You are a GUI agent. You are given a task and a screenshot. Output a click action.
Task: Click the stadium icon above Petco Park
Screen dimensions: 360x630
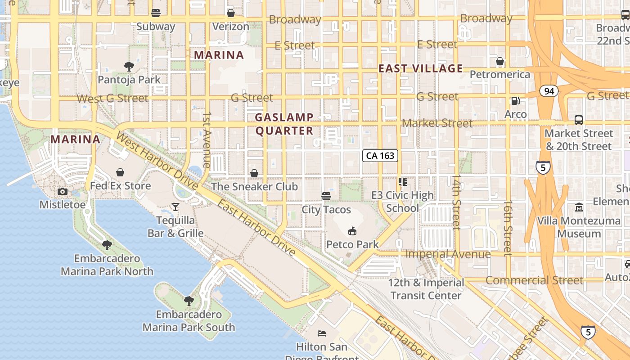[x=352, y=231]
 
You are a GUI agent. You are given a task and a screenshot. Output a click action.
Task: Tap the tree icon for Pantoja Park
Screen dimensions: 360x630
[x=129, y=67]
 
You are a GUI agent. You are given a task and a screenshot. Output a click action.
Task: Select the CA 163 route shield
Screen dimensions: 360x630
[x=380, y=156]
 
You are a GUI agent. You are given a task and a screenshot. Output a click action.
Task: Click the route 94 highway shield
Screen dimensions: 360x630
[x=549, y=91]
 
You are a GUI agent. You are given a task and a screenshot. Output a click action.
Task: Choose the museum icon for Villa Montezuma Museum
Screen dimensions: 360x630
[x=579, y=208]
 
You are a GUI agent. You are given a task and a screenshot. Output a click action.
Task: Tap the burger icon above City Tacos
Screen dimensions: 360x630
[x=326, y=196]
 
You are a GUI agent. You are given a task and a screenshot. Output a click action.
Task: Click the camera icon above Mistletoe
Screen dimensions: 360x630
[x=63, y=192]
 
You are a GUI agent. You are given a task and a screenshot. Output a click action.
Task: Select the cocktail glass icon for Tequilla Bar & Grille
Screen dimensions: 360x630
[x=175, y=207]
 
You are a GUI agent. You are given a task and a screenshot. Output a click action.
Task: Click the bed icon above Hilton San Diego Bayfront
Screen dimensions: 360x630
[x=322, y=333]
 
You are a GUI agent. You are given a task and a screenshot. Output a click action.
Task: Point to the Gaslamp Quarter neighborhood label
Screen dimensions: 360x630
[x=284, y=124]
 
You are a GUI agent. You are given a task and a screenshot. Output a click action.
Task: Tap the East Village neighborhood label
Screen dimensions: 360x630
[x=420, y=68]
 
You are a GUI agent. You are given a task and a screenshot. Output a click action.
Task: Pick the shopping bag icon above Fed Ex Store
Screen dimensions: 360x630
[x=120, y=172]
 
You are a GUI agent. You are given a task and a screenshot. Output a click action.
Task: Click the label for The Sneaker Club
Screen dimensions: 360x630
[x=254, y=186]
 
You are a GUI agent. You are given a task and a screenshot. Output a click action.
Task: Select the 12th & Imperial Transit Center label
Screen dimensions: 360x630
[x=426, y=289]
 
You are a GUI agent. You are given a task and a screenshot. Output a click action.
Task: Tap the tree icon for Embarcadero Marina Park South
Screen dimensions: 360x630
[x=189, y=301]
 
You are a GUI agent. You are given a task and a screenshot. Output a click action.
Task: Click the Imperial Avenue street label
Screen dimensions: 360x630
[x=448, y=254]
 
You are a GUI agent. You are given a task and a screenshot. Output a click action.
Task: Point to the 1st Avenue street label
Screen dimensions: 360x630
[x=207, y=140]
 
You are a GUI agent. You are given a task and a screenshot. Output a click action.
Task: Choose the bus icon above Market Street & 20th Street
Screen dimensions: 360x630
[x=579, y=120]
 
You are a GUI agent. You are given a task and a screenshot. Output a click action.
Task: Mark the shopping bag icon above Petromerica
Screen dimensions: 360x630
[x=500, y=61]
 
